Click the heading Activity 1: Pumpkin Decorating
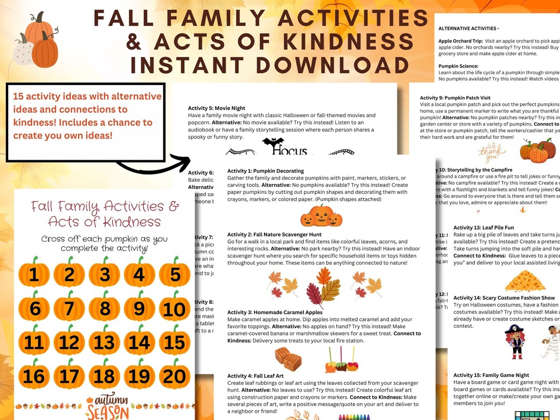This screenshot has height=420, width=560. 265,171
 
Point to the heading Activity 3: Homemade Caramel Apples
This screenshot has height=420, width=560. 275,313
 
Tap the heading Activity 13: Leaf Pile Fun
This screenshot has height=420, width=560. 483,228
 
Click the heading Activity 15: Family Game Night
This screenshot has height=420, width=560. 491,375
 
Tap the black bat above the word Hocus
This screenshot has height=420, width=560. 273,143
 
